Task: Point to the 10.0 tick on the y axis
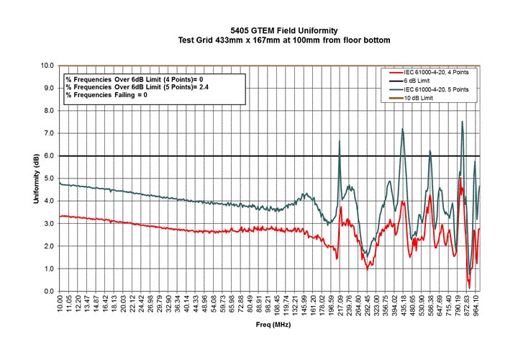point(47,65)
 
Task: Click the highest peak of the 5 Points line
point(462,121)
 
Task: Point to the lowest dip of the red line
point(469,288)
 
